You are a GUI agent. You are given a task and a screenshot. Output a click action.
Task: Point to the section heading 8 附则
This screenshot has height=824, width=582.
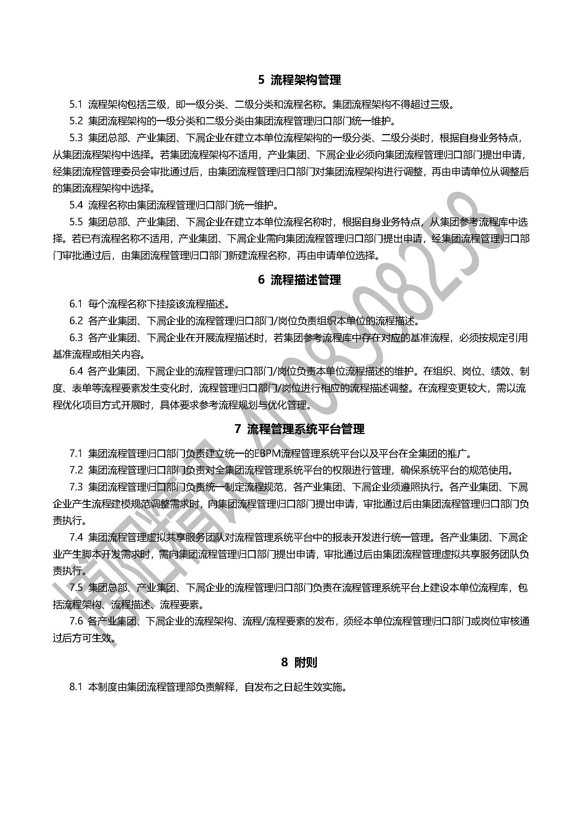299,662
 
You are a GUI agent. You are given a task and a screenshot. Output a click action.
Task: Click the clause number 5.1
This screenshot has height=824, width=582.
76,105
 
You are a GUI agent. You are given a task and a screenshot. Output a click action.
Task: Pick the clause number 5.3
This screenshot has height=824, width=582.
76,138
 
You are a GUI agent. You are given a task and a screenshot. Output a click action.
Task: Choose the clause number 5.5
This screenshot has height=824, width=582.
76,222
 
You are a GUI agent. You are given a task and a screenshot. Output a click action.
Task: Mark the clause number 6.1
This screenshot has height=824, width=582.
76,304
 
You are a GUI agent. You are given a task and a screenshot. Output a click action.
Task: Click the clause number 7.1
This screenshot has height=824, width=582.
76,454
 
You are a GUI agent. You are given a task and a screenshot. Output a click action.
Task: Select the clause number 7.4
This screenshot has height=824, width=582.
76,537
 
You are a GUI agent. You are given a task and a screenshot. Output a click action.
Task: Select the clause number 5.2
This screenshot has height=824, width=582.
76,121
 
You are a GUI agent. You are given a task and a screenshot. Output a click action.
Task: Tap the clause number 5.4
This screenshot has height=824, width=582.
76,205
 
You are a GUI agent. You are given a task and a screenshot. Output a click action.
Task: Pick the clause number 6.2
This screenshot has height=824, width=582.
76,321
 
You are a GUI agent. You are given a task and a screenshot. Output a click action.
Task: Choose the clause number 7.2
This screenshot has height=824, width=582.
76,470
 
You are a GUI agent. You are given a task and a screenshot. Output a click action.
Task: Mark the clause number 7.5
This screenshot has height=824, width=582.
76,588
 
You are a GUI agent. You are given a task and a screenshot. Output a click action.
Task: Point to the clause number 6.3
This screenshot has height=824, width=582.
76,338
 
